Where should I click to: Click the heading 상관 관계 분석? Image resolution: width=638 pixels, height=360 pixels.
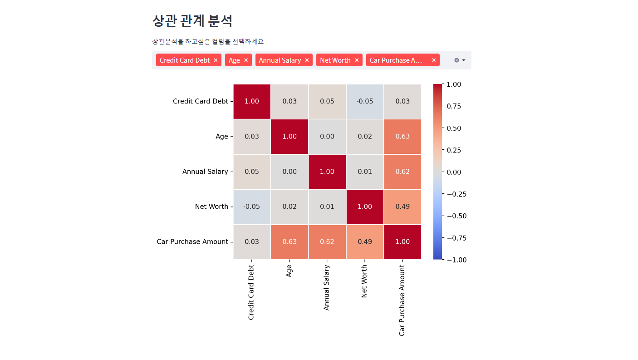pyautogui.click(x=192, y=21)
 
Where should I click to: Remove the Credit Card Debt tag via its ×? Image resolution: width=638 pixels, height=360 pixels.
pyautogui.click(x=216, y=60)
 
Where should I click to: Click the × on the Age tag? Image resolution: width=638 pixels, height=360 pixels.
pyautogui.click(x=246, y=60)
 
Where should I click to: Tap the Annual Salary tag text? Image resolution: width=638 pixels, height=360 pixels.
pyautogui.click(x=280, y=60)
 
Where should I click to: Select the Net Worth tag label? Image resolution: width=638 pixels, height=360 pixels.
pyautogui.click(x=335, y=60)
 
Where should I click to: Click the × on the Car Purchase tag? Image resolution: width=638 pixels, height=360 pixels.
pyautogui.click(x=434, y=60)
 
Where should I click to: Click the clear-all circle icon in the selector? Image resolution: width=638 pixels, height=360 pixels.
pyautogui.click(x=456, y=60)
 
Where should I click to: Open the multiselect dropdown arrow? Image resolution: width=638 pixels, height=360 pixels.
pyautogui.click(x=464, y=60)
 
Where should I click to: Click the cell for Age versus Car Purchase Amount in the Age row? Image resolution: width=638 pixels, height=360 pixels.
pyautogui.click(x=402, y=137)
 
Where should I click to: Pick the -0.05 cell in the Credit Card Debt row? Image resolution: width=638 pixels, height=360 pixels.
pyautogui.click(x=365, y=101)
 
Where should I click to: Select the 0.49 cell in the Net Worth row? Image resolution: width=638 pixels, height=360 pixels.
pyautogui.click(x=402, y=207)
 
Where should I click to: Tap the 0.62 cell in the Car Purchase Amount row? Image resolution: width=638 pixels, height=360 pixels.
pyautogui.click(x=327, y=242)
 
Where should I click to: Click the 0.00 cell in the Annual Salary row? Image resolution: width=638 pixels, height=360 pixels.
pyautogui.click(x=290, y=172)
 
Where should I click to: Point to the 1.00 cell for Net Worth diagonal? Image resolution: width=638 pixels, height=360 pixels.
pyautogui.click(x=365, y=207)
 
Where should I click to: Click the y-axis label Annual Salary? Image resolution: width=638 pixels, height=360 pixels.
pyautogui.click(x=205, y=172)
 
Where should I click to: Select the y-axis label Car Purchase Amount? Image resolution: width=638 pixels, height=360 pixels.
pyautogui.click(x=192, y=242)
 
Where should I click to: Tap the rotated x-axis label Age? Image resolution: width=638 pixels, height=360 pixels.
pyautogui.click(x=289, y=271)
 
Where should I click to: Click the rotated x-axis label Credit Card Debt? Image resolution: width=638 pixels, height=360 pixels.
pyautogui.click(x=251, y=292)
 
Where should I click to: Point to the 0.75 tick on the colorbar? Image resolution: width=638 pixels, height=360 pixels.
pyautogui.click(x=453, y=106)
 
